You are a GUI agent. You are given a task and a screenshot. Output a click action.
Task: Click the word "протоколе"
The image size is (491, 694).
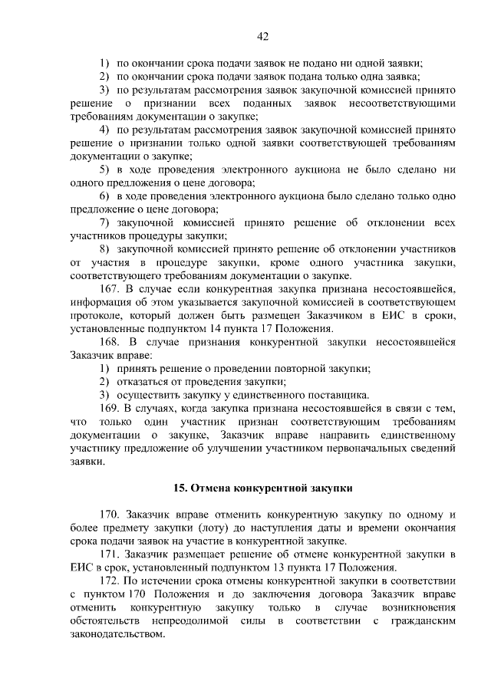[96, 315]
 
